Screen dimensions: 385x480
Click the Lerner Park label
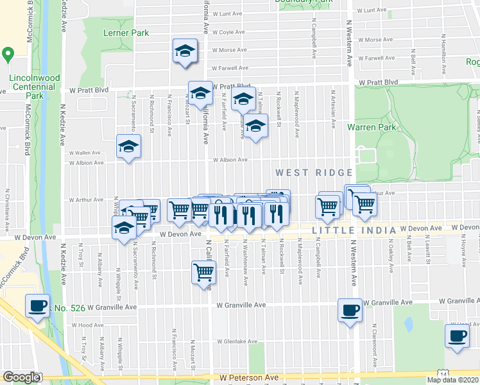pyautogui.click(x=126, y=33)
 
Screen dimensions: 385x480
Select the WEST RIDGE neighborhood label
pyautogui.click(x=314, y=173)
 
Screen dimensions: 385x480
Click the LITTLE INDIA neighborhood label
pyautogui.click(x=352, y=230)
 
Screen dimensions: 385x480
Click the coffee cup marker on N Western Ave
pyautogui.click(x=350, y=311)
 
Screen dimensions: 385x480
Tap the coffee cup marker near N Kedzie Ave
pyautogui.click(x=38, y=305)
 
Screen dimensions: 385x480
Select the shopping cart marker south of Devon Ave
pyautogui.click(x=203, y=272)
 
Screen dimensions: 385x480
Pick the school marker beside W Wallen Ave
pyautogui.click(x=128, y=148)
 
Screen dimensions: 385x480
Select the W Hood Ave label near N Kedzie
pyautogui.click(x=90, y=325)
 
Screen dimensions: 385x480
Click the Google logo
pyautogui.click(x=21, y=377)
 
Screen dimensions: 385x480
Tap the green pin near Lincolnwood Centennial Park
pyautogui.click(x=8, y=54)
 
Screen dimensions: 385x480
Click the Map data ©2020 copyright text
pyautogui.click(x=452, y=380)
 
